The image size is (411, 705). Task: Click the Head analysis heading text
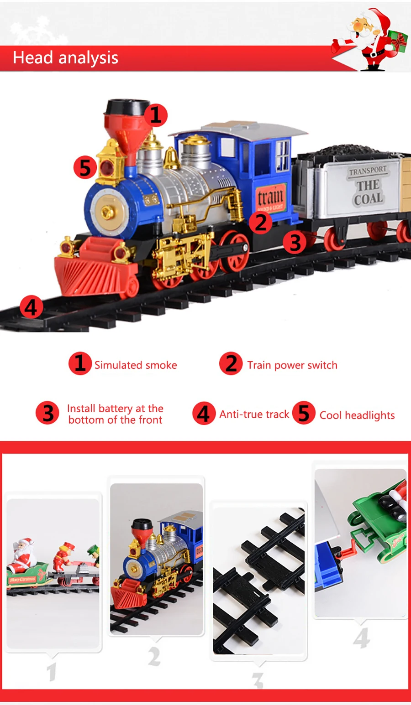pyautogui.click(x=65, y=58)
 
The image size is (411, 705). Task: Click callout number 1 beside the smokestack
pyautogui.click(x=156, y=115)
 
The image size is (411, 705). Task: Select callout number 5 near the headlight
pyautogui.click(x=85, y=167)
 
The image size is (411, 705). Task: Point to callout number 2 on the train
pyautogui.click(x=260, y=223)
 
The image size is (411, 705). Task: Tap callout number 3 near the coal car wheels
pyautogui.click(x=295, y=242)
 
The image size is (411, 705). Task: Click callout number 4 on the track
pyautogui.click(x=31, y=307)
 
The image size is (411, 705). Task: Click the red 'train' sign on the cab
pyautogui.click(x=270, y=198)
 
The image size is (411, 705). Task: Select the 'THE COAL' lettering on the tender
pyautogui.click(x=368, y=192)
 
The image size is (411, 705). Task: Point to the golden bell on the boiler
pyautogui.click(x=171, y=158)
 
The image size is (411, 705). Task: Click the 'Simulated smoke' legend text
pyautogui.click(x=136, y=365)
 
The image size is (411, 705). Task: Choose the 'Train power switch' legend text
pyautogui.click(x=292, y=365)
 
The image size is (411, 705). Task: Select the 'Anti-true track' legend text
pyautogui.click(x=254, y=414)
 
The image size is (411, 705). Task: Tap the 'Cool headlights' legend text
pyautogui.click(x=357, y=415)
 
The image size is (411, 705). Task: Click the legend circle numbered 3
pyautogui.click(x=48, y=413)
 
